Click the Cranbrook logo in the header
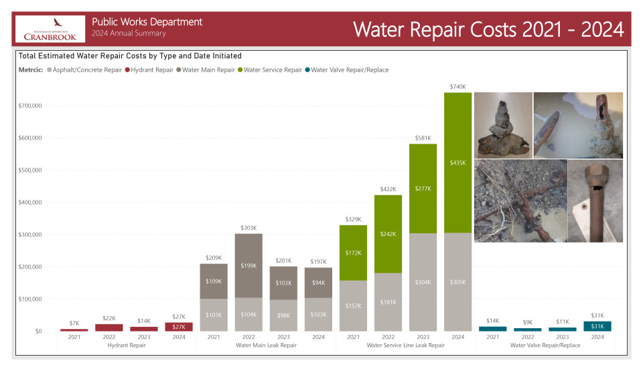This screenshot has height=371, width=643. point(50,28)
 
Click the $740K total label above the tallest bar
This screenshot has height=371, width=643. point(457,86)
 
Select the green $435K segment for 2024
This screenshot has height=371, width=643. point(457,162)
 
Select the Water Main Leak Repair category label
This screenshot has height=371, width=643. point(266,346)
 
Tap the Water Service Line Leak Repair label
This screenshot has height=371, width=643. point(406,346)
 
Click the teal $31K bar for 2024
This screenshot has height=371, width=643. point(597,326)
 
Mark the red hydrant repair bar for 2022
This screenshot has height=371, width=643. point(109,328)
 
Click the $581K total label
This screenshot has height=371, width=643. point(423,138)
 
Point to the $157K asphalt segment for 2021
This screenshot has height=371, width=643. point(353,305)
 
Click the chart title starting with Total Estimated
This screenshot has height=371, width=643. point(131,55)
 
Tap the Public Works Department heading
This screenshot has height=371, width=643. point(147,22)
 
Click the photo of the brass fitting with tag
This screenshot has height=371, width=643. point(595,201)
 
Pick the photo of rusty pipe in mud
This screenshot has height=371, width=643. point(520,201)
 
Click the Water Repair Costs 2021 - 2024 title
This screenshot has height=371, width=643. point(488,29)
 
